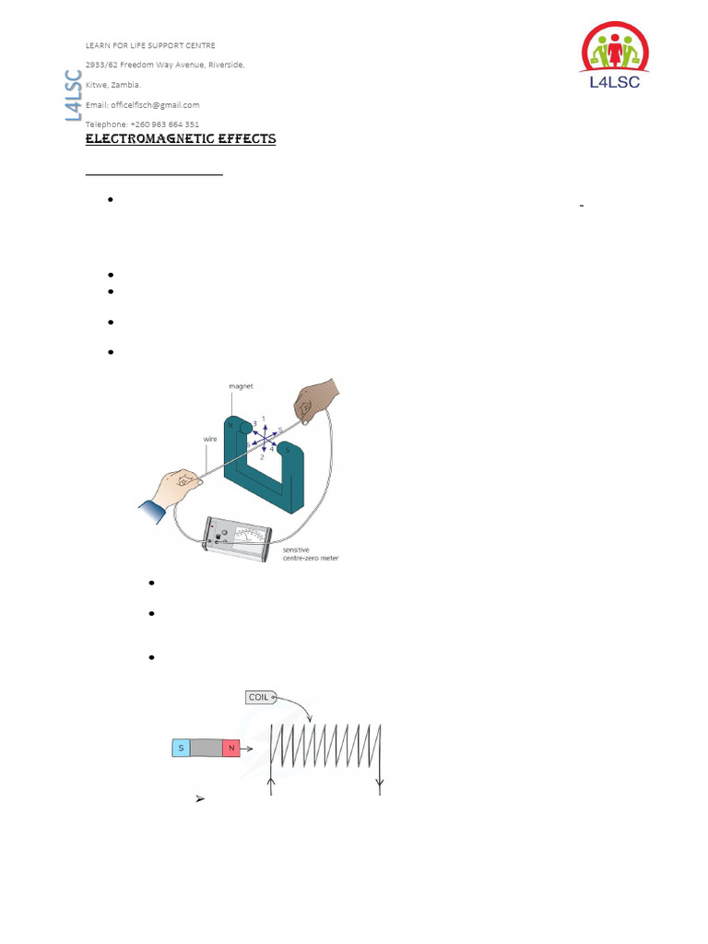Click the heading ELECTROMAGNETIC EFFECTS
click(180, 139)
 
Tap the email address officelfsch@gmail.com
click(143, 105)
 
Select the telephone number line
click(142, 124)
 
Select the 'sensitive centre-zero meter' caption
click(310, 553)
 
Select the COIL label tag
click(259, 697)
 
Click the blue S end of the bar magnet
click(181, 749)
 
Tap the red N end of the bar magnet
click(230, 749)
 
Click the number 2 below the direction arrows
click(263, 457)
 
